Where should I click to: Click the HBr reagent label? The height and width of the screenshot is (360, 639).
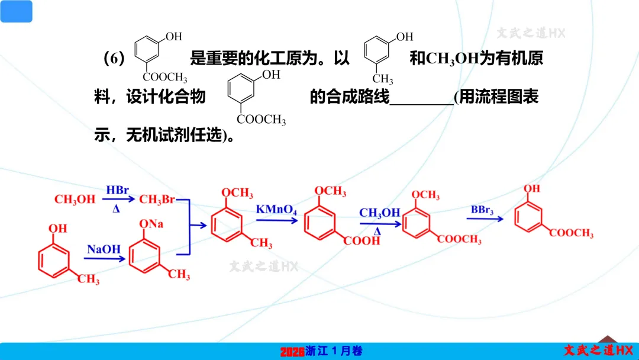[x=118, y=190]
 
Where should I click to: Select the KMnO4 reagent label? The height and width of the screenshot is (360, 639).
[x=276, y=210]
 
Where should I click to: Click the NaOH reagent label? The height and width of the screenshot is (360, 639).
[x=104, y=249]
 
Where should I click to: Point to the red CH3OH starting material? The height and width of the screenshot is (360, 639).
[x=75, y=200]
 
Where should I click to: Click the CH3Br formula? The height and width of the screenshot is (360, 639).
[x=157, y=200]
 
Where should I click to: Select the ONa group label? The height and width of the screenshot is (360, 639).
[x=151, y=224]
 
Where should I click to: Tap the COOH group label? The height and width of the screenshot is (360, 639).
[x=363, y=241]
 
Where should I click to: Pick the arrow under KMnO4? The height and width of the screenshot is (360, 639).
[x=276, y=220]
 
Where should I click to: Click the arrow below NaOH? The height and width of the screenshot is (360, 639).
[x=104, y=258]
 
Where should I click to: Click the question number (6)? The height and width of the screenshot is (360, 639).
[x=114, y=59]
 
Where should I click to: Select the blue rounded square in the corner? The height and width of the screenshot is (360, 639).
[x=16, y=11]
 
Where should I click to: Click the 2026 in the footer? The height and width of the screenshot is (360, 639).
[x=292, y=352]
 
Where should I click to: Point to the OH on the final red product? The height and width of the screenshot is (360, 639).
[x=532, y=189]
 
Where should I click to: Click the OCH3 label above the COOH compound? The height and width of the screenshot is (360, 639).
[x=330, y=191]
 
